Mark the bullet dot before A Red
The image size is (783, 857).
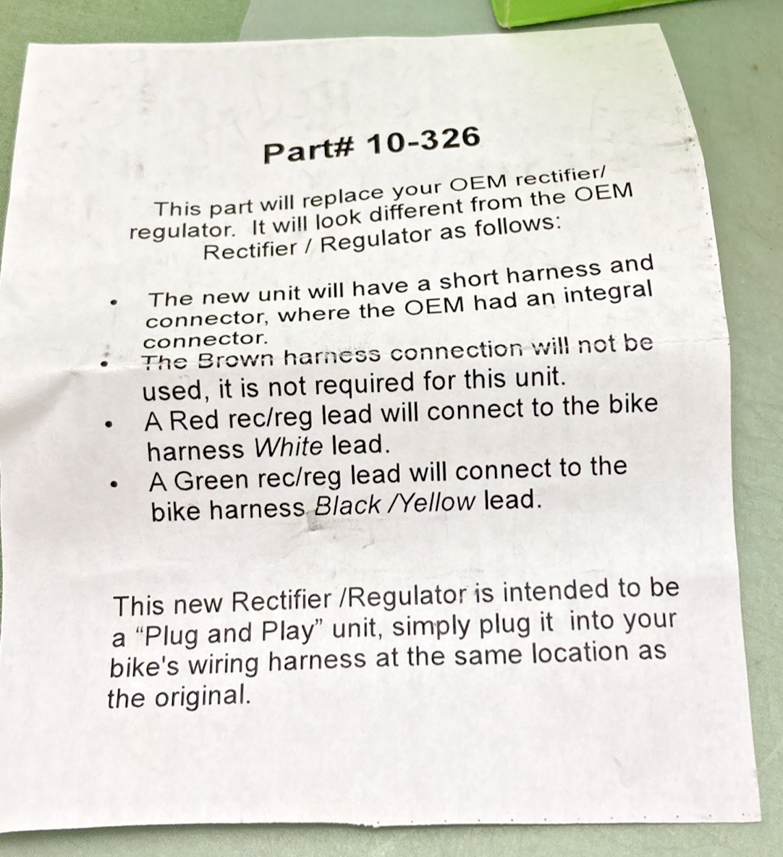(109, 424)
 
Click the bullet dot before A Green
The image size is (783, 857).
(113, 484)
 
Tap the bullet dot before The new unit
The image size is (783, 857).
(113, 301)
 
